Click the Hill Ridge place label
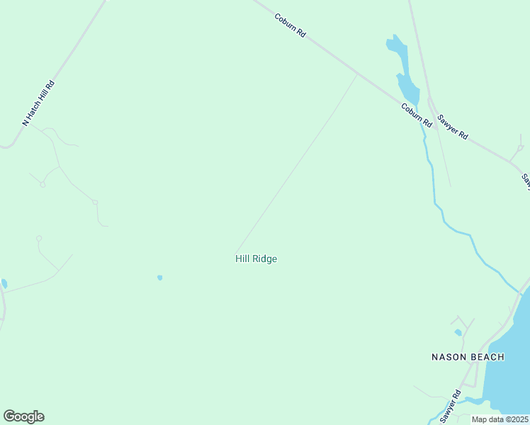pyautogui.click(x=256, y=259)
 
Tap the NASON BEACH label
pyautogui.click(x=468, y=357)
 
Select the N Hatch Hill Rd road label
pyautogui.click(x=39, y=103)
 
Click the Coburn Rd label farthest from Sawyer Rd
pyautogui.click(x=290, y=24)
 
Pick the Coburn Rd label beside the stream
pyautogui.click(x=416, y=115)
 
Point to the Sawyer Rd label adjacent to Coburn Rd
pyautogui.click(x=452, y=126)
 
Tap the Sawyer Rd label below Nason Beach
pyautogui.click(x=450, y=407)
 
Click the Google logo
pyautogui.click(x=23, y=416)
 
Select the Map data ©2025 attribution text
pyautogui.click(x=500, y=419)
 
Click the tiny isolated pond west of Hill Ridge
pyautogui.click(x=159, y=278)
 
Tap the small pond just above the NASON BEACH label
pyautogui.click(x=458, y=332)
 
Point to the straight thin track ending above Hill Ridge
pyautogui.click(x=298, y=163)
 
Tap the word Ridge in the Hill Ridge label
pyautogui.click(x=266, y=259)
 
